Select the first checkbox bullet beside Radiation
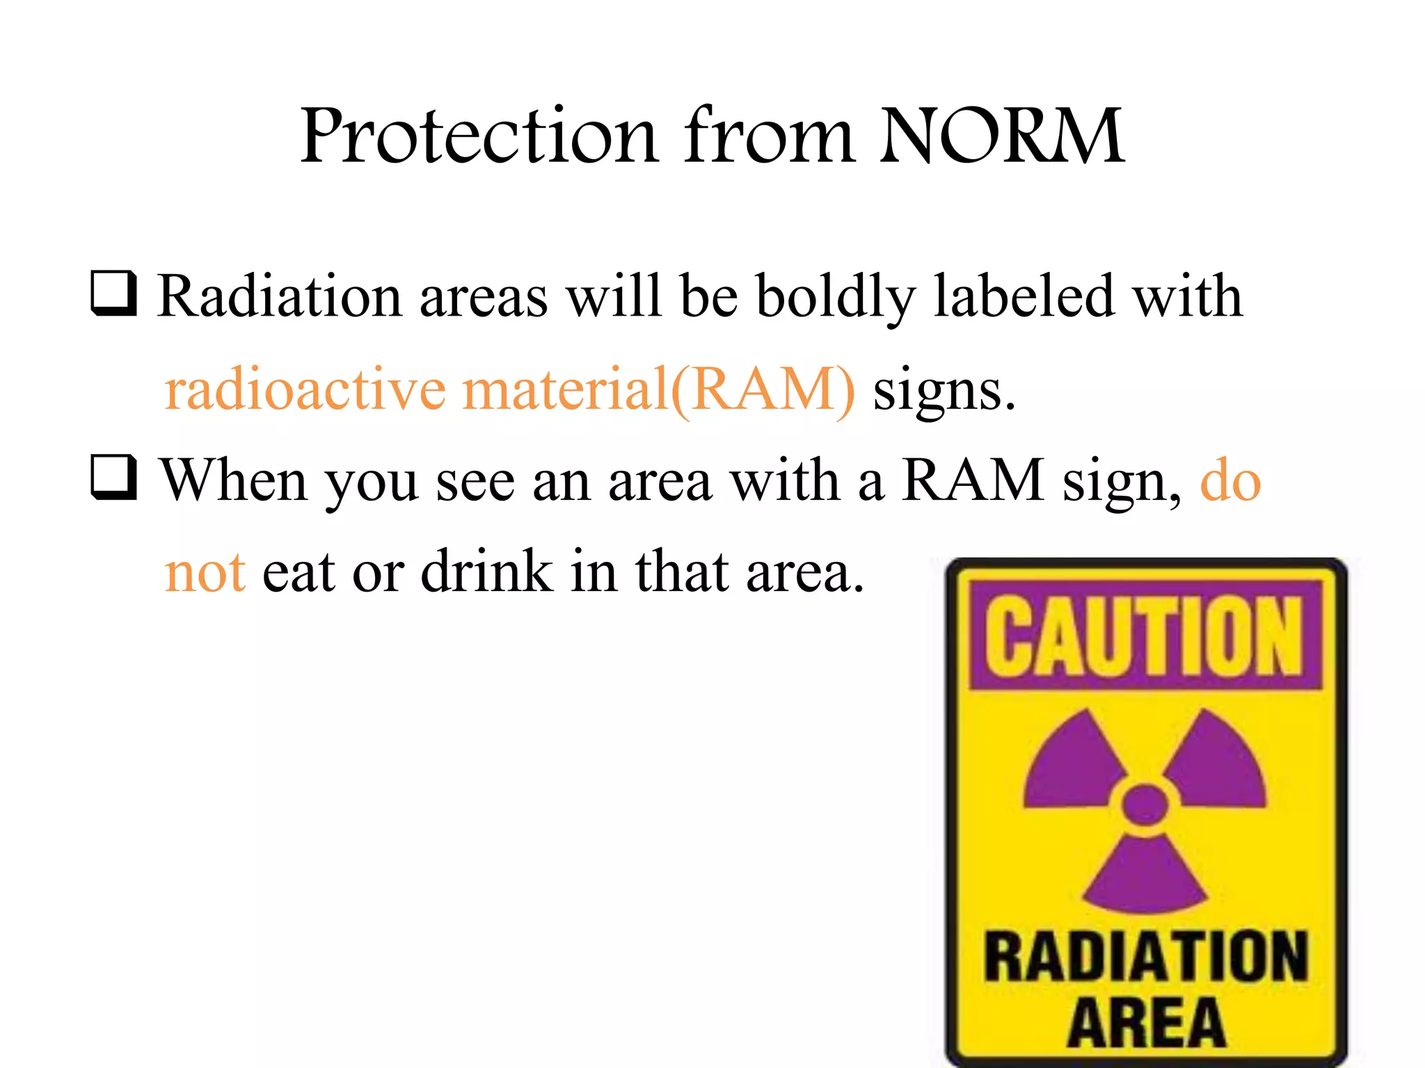coord(113,294)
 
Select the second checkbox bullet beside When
coord(113,478)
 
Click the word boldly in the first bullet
coord(835,298)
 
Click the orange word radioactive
coord(305,389)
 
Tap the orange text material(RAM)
coord(658,389)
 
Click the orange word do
coord(1230,480)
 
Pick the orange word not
coord(205,572)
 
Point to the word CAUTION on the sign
coord(1145,636)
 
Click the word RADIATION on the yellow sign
coord(1145,957)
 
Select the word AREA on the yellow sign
coord(1147,1022)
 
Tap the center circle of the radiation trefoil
coord(1145,804)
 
